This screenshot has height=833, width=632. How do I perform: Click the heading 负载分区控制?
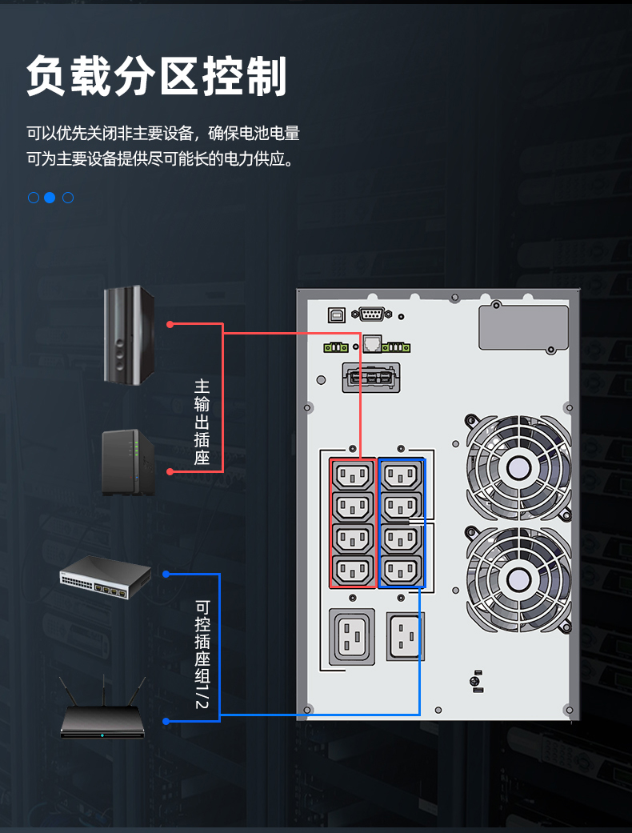coord(156,76)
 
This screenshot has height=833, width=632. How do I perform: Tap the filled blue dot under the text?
coord(50,197)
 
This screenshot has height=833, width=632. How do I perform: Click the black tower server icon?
coord(129,334)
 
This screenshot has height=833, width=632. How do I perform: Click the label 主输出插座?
coord(202,423)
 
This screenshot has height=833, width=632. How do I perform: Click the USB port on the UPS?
coord(336,315)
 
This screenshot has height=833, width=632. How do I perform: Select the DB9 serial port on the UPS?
coord(370,314)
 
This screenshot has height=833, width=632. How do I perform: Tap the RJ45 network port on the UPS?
coord(371,344)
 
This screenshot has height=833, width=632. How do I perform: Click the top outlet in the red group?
coord(353,475)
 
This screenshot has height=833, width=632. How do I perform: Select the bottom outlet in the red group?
coord(353,571)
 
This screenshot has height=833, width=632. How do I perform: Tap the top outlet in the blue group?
coord(401,475)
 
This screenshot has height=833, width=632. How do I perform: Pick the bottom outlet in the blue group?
coord(401,571)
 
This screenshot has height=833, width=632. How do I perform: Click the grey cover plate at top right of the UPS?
coord(523,326)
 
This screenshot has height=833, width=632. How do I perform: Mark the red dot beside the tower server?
coord(170,324)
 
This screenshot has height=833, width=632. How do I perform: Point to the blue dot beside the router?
coord(166,721)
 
